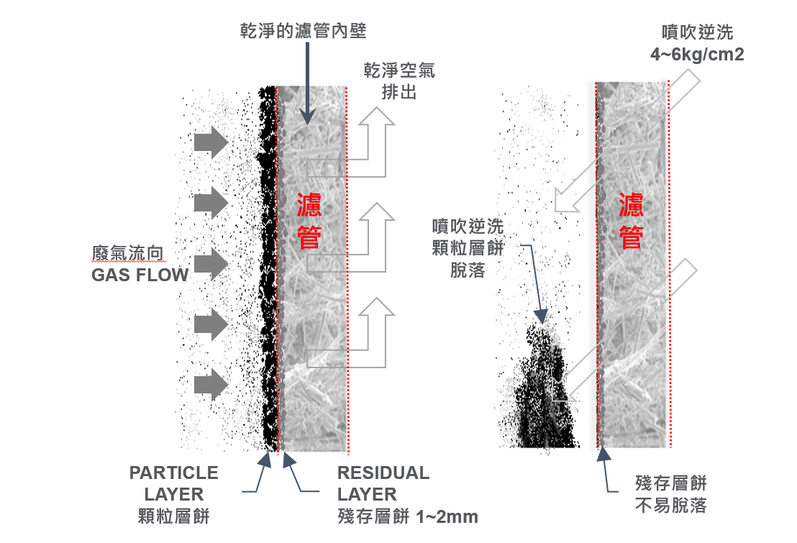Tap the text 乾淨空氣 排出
398,82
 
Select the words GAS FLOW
140,274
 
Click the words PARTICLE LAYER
173,483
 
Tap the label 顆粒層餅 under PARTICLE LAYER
173,516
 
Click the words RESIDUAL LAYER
383,483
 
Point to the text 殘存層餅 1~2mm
407,516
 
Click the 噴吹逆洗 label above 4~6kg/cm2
697,33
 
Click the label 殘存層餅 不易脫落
671,494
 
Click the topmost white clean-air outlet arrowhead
377,118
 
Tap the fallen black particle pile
543,403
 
